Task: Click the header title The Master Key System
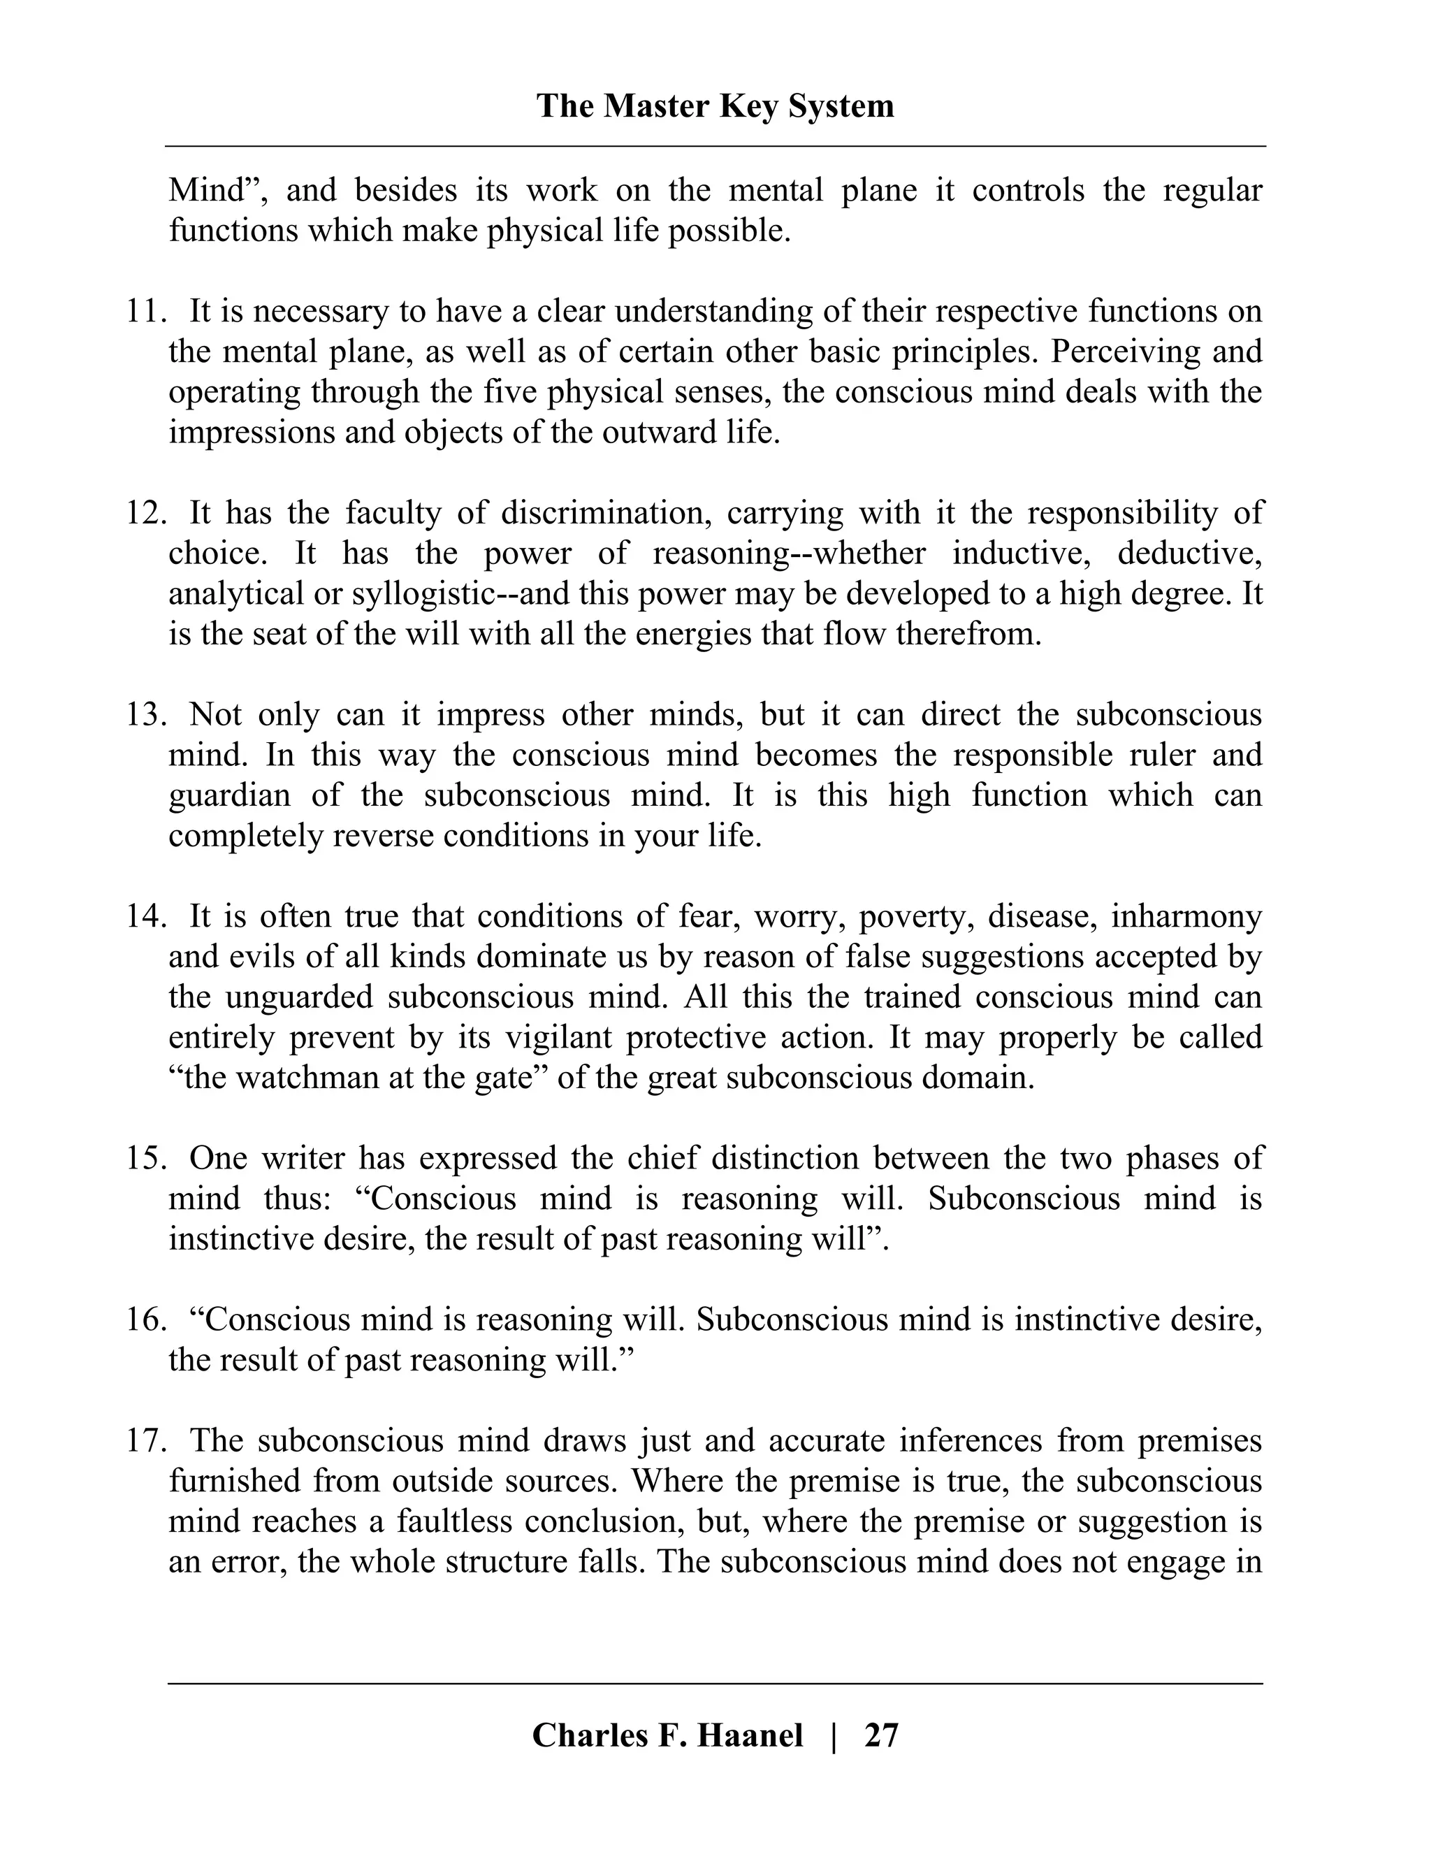click(x=715, y=107)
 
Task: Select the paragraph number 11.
click(x=146, y=311)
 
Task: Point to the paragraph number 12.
click(x=146, y=513)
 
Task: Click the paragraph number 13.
click(x=146, y=715)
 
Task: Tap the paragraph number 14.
click(x=146, y=917)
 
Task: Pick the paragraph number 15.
click(x=146, y=1158)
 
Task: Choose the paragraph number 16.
click(x=146, y=1319)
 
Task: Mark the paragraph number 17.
click(x=146, y=1441)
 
